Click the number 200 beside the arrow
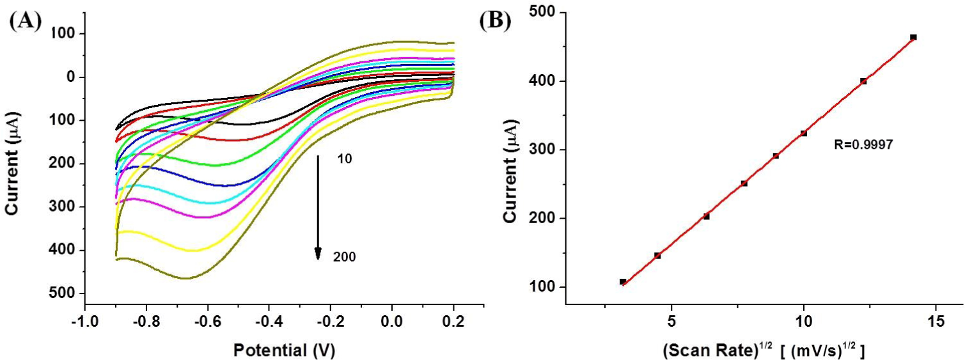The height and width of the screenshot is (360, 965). tap(344, 257)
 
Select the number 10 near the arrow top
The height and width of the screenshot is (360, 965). tap(345, 159)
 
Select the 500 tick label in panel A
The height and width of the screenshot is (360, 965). tap(61, 293)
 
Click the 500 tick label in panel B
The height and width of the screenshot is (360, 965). tap(541, 13)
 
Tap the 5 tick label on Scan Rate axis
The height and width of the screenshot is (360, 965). tap(671, 321)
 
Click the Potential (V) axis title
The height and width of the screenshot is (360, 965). tap(284, 350)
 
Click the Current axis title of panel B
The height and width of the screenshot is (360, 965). tap(510, 171)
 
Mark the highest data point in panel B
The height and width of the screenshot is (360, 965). tap(913, 38)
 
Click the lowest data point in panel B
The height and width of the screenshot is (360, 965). tap(622, 281)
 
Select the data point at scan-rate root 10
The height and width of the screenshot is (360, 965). tap(803, 134)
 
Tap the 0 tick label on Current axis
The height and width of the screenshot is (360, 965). tap(70, 77)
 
